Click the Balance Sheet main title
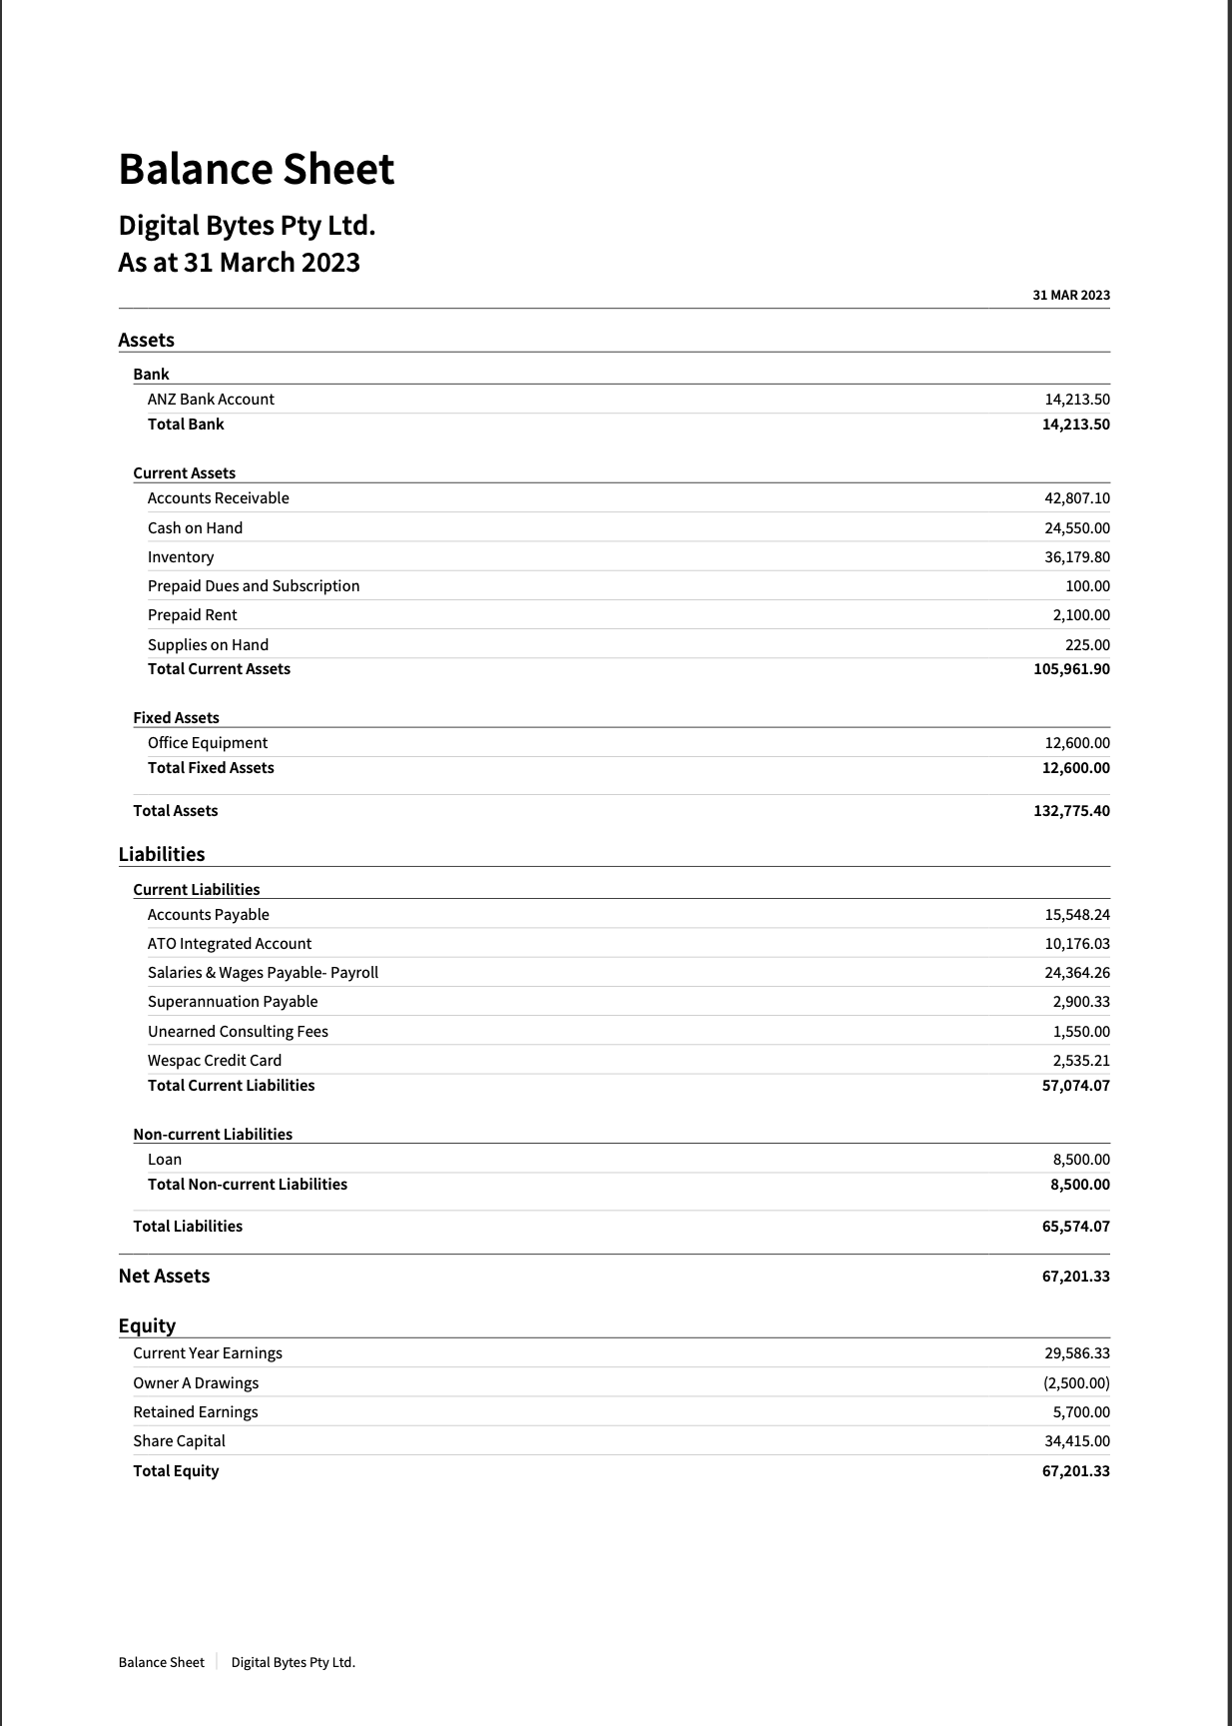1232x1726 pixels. [x=257, y=169]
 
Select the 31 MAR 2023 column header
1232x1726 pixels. [x=1071, y=295]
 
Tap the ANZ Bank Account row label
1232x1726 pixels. [x=211, y=399]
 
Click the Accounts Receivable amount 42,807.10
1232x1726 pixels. [x=1077, y=497]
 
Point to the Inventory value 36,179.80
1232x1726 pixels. [x=1077, y=556]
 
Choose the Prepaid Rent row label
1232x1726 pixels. [x=193, y=614]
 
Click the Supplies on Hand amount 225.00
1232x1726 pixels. [x=1087, y=644]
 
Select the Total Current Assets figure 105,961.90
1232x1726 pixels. [x=1071, y=668]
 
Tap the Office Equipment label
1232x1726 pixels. [x=208, y=742]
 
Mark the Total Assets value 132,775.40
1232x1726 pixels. [x=1071, y=810]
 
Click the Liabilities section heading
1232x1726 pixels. [x=162, y=854]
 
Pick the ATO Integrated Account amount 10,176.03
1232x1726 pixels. [x=1077, y=943]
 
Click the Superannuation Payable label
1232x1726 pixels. [x=233, y=1001]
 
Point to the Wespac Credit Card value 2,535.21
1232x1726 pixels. [x=1081, y=1060]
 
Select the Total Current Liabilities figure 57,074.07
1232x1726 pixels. [x=1075, y=1085]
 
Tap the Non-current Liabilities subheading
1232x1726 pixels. [x=213, y=1134]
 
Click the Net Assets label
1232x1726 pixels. [x=164, y=1276]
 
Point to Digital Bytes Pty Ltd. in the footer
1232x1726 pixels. [x=294, y=1662]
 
